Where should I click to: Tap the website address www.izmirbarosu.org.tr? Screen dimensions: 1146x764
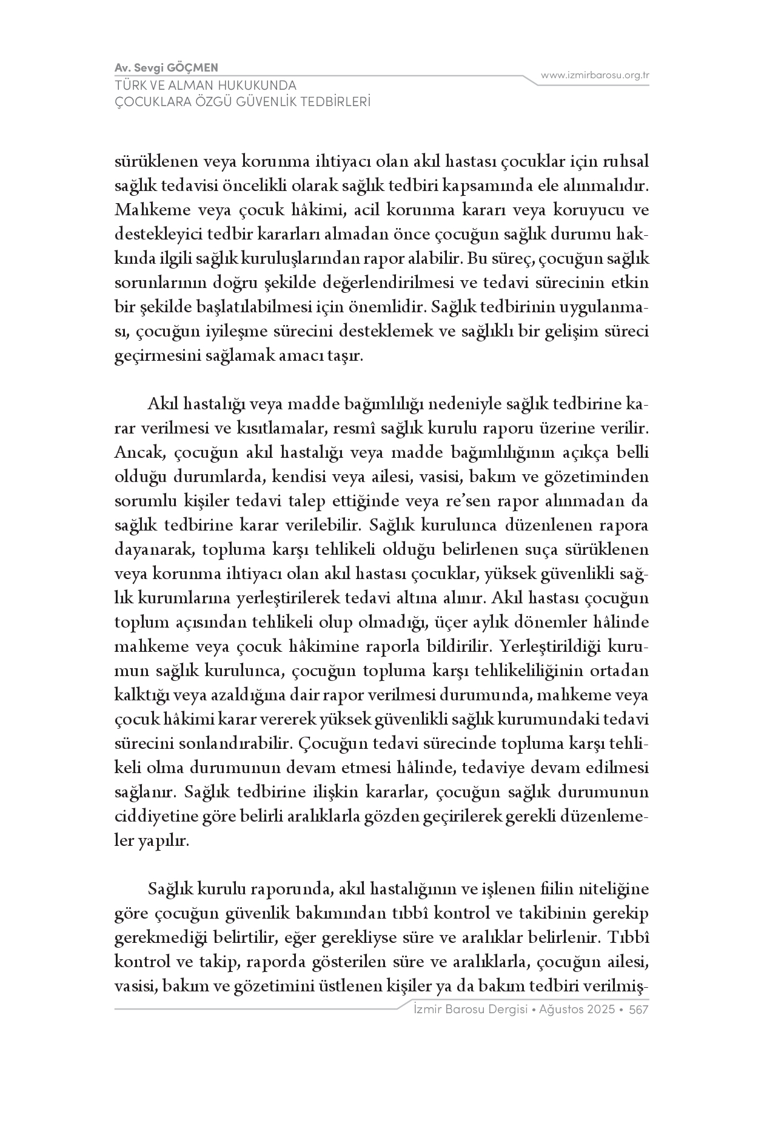tap(595, 75)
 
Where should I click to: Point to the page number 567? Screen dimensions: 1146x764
tap(639, 1010)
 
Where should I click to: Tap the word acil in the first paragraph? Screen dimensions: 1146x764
tap(367, 210)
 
